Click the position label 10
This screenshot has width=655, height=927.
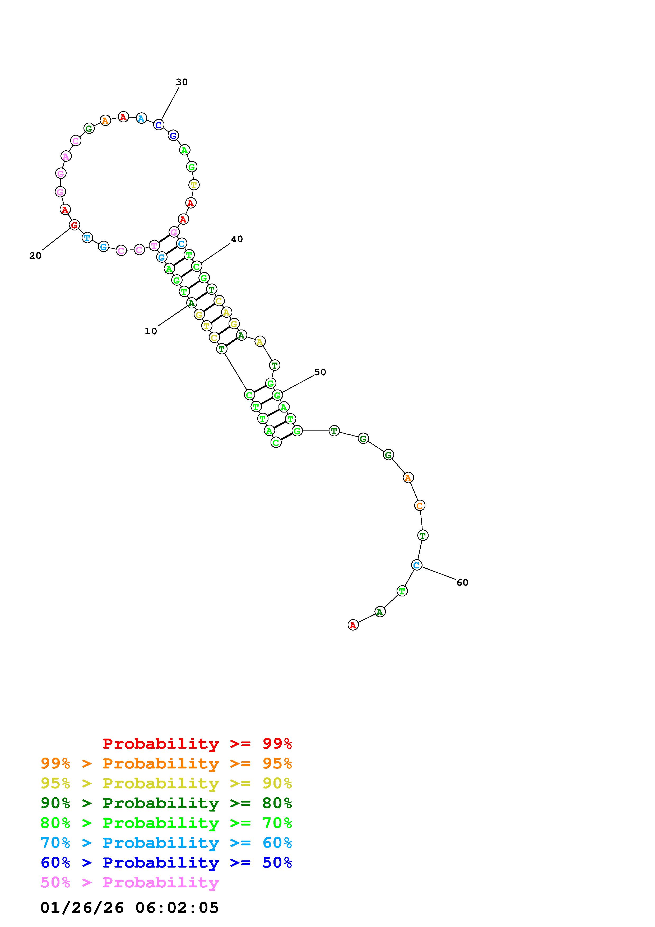tap(151, 331)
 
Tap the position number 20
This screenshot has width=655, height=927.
tap(35, 256)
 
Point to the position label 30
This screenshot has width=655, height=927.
tap(182, 82)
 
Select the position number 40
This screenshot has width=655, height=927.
tap(237, 239)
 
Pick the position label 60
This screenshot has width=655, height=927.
tap(462, 582)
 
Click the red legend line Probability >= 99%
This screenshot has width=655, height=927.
tap(197, 743)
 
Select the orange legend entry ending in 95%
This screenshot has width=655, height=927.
tap(166, 763)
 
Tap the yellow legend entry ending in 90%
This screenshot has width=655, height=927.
tap(166, 783)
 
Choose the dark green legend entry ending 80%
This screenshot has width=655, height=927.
tap(166, 803)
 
